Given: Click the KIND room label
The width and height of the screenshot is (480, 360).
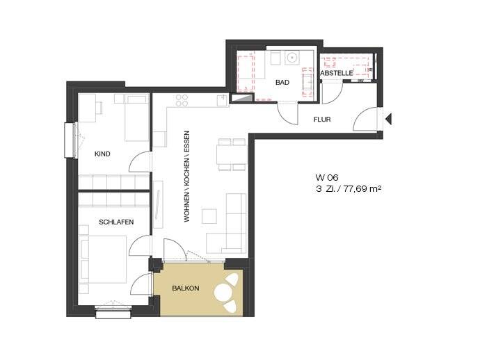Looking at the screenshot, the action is (x=102, y=154).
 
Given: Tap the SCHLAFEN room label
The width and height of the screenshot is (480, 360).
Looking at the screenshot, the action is (x=116, y=222).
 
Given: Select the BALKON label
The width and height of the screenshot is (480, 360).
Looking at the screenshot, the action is (x=186, y=288).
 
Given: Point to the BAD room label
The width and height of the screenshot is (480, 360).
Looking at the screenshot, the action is (x=282, y=82).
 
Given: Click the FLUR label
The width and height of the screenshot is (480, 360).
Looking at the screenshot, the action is (x=322, y=120).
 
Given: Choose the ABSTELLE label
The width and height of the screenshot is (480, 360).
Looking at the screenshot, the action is (x=337, y=74).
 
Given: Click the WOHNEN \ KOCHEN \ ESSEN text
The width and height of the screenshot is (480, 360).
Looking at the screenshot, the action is (x=186, y=177).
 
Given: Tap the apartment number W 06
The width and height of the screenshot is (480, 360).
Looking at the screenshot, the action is (x=327, y=177).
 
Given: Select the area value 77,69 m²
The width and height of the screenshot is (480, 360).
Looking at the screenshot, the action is (x=362, y=189).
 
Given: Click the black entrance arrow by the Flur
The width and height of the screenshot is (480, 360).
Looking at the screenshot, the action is (x=389, y=119).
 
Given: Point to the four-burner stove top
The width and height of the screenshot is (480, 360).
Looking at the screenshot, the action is (x=182, y=100).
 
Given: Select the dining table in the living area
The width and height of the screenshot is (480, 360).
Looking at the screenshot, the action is (x=232, y=154).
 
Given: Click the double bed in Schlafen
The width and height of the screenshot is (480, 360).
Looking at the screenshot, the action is (x=104, y=259).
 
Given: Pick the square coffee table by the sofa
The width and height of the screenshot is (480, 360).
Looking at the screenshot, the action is (x=209, y=216).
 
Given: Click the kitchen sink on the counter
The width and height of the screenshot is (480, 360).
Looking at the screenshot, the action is (x=222, y=101).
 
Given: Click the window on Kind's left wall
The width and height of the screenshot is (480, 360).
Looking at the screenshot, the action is (x=72, y=140).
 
